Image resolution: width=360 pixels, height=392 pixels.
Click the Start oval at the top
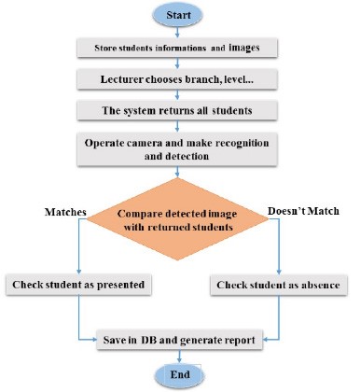(179, 16)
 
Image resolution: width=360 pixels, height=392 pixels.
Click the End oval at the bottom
(179, 375)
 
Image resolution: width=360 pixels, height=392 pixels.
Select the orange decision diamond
(179, 218)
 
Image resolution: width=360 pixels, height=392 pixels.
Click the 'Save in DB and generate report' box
(179, 339)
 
